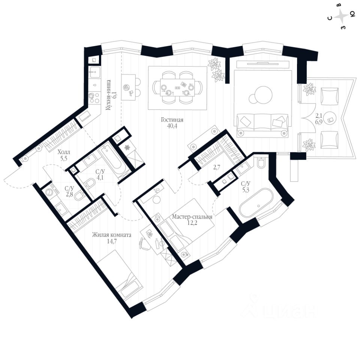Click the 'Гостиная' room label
(172, 120)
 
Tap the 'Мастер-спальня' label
(192, 217)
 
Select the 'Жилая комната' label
(111, 235)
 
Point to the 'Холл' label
(63, 153)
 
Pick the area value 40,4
(172, 126)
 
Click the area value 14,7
(111, 242)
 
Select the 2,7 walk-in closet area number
(217, 168)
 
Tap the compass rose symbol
(341, 16)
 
